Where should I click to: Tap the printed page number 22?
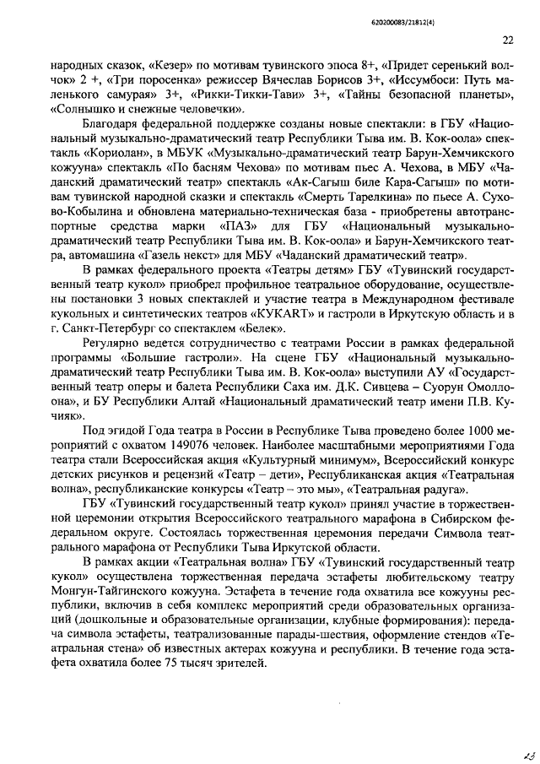pos(507,39)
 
